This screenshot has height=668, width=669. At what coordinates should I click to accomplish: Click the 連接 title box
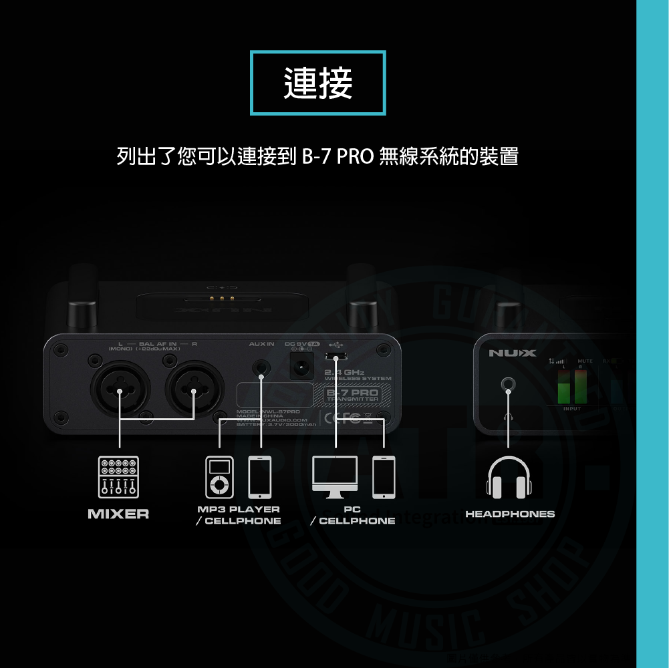click(318, 83)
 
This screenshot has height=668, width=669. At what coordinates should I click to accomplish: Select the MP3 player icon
click(220, 478)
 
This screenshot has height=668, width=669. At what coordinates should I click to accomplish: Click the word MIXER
click(118, 514)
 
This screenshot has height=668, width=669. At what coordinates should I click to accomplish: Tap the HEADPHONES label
click(510, 514)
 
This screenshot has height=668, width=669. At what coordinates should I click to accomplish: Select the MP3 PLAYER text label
click(239, 510)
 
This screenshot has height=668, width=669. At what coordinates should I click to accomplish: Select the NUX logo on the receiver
click(511, 353)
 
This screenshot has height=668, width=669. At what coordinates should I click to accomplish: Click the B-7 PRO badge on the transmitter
click(352, 395)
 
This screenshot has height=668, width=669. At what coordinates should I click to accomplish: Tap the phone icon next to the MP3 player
click(259, 478)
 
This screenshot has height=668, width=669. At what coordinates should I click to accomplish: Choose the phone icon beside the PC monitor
click(384, 477)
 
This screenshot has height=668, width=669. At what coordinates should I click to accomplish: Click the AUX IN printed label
click(261, 344)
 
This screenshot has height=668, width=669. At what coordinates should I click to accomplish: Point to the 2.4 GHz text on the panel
click(344, 372)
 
